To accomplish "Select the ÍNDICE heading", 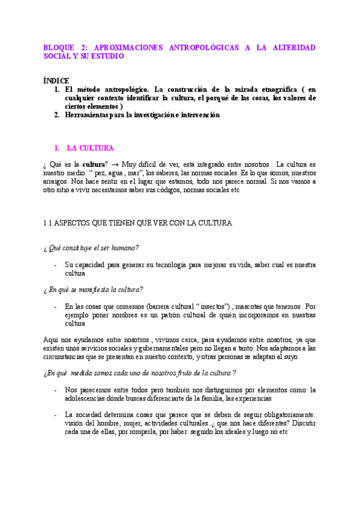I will coord(56,80).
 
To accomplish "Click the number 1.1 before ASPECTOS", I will coord(49,223).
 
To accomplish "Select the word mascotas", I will coord(256,306).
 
